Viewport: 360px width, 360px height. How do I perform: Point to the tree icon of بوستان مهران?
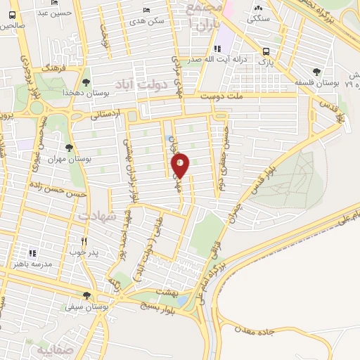(68, 148)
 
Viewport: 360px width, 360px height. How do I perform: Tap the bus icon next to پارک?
(266, 51)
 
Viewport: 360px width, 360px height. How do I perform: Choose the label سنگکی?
(257, 20)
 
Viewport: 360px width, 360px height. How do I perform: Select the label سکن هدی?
(152, 21)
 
